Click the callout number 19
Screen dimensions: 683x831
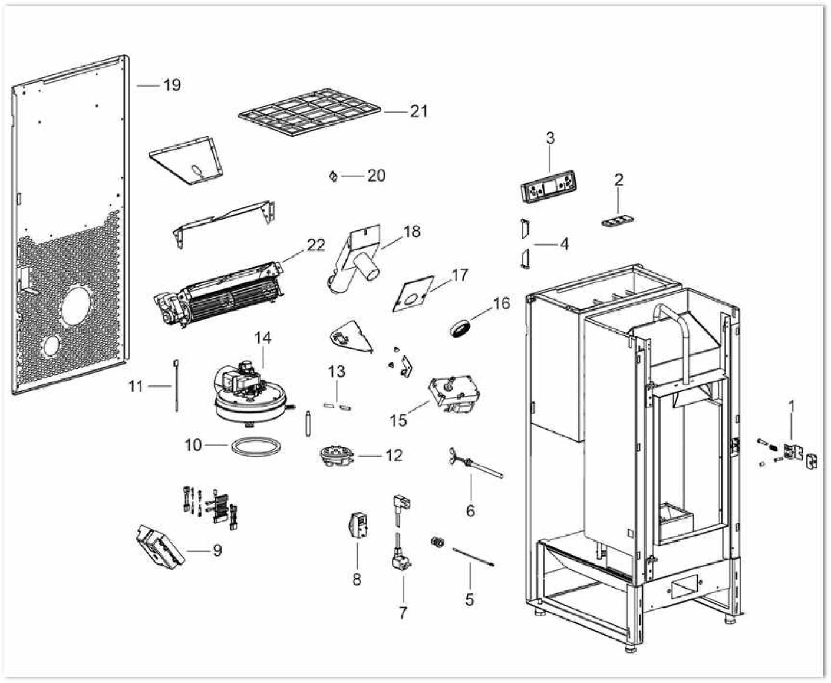pos(172,85)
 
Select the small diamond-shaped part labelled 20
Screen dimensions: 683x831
pos(333,176)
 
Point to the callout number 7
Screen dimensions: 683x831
pos(403,613)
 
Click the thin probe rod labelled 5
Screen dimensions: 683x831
pos(473,557)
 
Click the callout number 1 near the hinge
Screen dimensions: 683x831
pos(792,406)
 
